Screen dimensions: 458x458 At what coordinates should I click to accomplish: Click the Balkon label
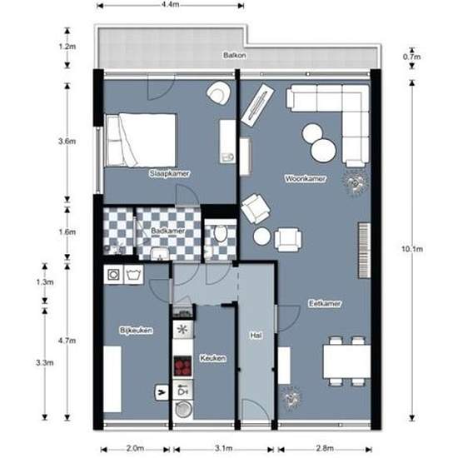point(234,55)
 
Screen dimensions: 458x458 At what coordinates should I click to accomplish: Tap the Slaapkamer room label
point(169,173)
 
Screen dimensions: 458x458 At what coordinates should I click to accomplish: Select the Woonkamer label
point(306,178)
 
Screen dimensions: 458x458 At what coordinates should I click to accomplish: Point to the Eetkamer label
point(325,303)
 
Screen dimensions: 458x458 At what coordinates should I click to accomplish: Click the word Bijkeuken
point(136,330)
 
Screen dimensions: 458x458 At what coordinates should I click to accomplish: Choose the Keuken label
point(212,358)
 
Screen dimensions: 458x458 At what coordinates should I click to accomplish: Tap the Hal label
point(256,336)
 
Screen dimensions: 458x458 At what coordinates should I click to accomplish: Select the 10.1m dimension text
point(412,249)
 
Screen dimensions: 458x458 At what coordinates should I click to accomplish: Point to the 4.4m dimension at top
point(170,5)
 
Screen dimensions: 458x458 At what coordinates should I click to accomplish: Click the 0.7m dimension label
point(412,57)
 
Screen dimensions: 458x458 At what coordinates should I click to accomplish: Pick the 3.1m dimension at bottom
point(224,448)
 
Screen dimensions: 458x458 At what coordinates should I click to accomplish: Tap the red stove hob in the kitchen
point(182,366)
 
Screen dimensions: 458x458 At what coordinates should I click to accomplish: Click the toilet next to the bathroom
point(221,233)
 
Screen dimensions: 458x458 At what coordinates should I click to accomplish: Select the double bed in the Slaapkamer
point(141,140)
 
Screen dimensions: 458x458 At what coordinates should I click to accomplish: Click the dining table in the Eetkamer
point(346,362)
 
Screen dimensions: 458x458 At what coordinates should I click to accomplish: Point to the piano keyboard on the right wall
point(364,250)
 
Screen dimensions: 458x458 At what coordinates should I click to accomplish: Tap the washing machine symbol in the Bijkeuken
point(113,275)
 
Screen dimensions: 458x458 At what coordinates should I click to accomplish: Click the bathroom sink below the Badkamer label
point(160,253)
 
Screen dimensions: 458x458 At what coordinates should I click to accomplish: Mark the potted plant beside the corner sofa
point(356,183)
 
